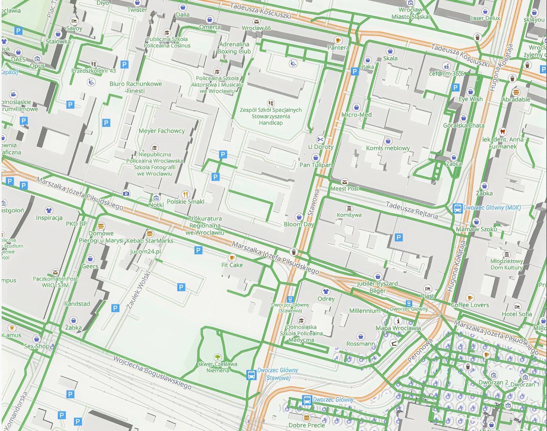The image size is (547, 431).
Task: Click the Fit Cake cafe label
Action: tap(232, 265)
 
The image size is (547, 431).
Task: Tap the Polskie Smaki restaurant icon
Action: tap(185, 194)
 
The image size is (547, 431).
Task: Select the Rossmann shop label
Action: tap(360, 344)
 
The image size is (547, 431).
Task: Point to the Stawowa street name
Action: tap(312, 203)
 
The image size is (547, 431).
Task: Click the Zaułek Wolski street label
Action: tap(138, 290)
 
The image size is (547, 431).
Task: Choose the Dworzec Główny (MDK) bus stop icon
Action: tap(457, 208)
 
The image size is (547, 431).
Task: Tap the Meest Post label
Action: tap(345, 188)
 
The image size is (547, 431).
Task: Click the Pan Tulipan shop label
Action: tap(316, 165)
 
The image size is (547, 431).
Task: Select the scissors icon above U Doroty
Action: tap(320, 139)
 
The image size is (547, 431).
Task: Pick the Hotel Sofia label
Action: tap(517, 314)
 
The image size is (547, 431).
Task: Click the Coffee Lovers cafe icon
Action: tap(470, 298)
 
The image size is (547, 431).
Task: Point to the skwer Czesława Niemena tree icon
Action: tap(218, 357)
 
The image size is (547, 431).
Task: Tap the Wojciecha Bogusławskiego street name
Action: tap(152, 372)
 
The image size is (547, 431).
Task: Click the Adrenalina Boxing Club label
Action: tap(234, 48)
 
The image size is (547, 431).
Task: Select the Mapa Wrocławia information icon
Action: tap(398, 321)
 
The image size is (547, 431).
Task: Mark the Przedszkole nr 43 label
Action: tap(94, 71)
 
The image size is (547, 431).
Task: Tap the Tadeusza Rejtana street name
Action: tap(412, 210)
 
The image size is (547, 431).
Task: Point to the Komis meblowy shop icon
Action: tap(388, 141)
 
